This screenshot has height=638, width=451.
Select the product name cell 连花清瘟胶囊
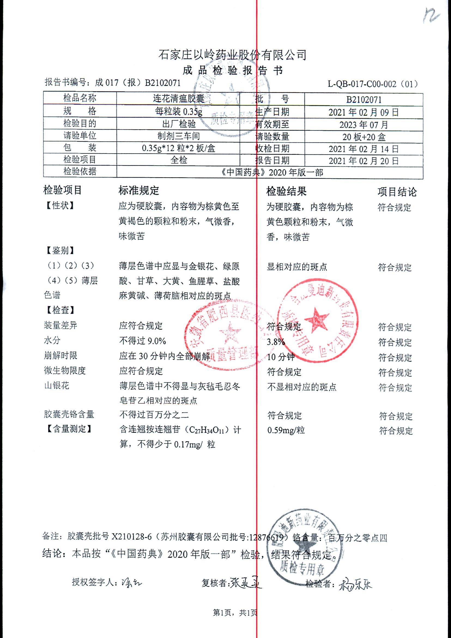click(x=178, y=98)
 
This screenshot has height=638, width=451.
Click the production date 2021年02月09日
click(x=364, y=112)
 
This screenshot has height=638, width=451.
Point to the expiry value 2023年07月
click(x=364, y=125)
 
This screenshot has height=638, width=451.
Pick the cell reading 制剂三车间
click(x=178, y=136)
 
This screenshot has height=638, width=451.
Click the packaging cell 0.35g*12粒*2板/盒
click(x=178, y=148)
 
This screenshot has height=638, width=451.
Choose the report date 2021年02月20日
click(x=364, y=161)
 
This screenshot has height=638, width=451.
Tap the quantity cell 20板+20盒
click(x=364, y=137)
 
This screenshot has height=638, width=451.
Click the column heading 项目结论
click(x=397, y=192)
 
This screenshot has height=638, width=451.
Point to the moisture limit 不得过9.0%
click(x=143, y=341)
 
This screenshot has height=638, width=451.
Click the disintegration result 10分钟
click(x=280, y=357)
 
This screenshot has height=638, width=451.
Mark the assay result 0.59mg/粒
click(x=286, y=430)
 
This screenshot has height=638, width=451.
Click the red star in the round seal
click(x=316, y=320)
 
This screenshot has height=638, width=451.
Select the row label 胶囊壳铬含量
click(x=69, y=415)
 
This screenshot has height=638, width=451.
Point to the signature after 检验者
click(x=355, y=584)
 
